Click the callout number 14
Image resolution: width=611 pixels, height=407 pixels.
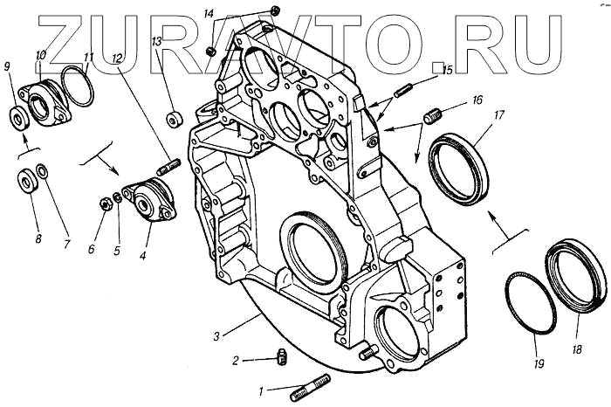[x=209, y=15]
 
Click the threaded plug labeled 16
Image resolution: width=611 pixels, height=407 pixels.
[x=435, y=114]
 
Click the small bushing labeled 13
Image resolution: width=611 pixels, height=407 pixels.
[x=173, y=117]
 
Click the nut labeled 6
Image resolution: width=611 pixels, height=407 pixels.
[x=104, y=203]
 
